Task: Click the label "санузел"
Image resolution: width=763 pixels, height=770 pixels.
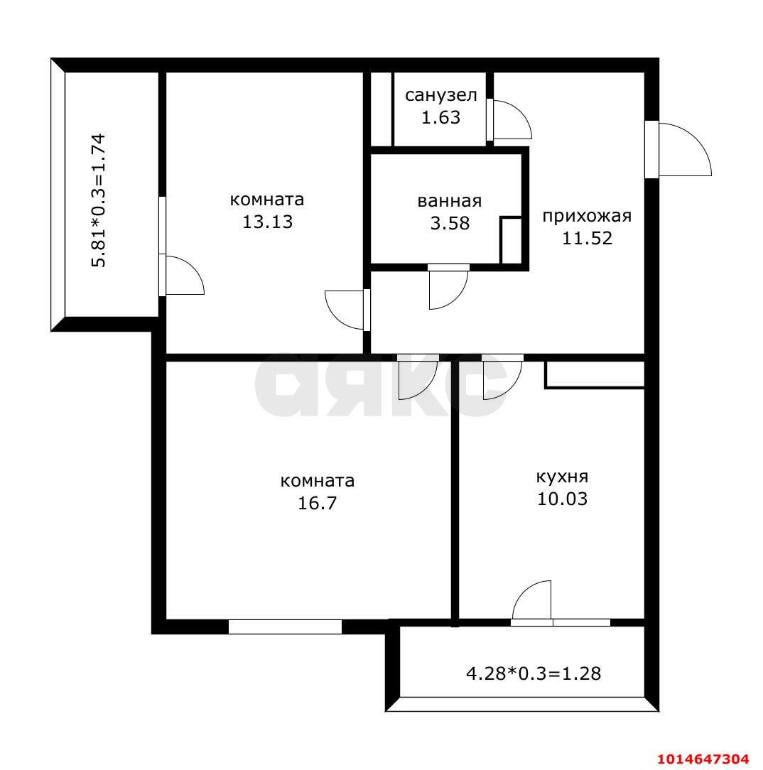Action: tap(440, 95)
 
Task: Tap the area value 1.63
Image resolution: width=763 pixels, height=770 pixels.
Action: tap(440, 117)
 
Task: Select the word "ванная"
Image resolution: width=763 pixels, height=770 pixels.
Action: tap(450, 201)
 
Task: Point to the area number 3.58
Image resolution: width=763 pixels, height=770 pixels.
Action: tap(450, 223)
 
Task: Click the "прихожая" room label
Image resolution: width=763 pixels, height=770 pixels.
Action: tap(587, 216)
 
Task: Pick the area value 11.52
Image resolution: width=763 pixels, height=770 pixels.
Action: tap(587, 238)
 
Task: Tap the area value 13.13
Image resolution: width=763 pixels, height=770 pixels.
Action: tap(267, 222)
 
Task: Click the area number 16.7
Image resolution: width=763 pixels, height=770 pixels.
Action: tap(318, 504)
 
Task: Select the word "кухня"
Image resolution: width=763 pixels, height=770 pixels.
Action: tap(562, 477)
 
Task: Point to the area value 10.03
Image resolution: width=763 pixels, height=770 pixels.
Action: tap(562, 499)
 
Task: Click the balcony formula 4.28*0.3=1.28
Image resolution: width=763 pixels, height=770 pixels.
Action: tap(533, 673)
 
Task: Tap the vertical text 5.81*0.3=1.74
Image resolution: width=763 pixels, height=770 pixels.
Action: tap(99, 200)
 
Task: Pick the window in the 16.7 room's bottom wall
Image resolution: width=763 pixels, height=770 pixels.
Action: tap(285, 627)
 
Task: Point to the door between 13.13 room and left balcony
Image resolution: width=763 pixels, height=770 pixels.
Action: tap(181, 275)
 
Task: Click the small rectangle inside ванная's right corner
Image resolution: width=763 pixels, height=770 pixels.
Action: tap(510, 240)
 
